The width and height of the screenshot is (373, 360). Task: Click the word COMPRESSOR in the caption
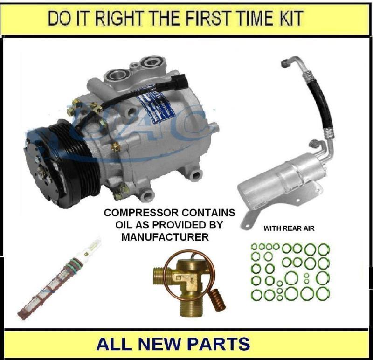(x=137, y=213)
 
